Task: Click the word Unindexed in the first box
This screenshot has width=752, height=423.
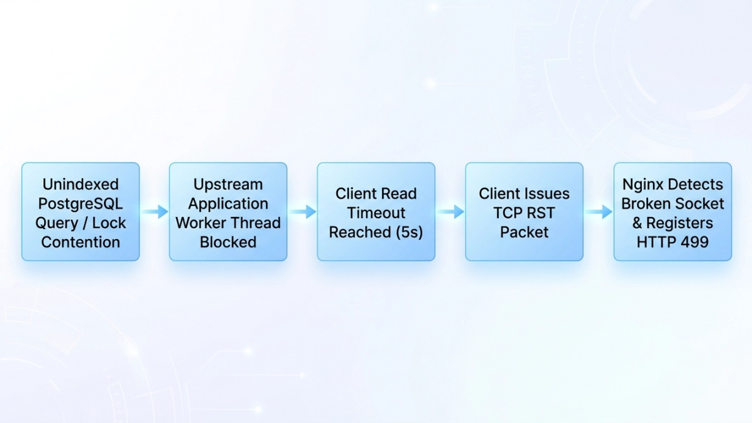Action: pos(81,185)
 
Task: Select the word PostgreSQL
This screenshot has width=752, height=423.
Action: pos(81,204)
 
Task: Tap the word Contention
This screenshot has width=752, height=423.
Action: pos(81,242)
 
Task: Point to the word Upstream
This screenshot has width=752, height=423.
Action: pos(228,185)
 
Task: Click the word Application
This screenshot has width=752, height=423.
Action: pos(228,204)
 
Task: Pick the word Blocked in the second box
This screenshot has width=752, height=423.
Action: pos(228,242)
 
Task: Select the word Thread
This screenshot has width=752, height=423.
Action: pos(256,223)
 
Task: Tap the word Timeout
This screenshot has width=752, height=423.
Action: pos(376,213)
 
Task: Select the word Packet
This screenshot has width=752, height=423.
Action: pos(525,232)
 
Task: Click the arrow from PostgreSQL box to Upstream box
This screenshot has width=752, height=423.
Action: pos(155,212)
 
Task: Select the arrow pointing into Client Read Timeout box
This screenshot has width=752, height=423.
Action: pos(303,212)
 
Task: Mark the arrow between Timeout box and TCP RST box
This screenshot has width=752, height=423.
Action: pos(451,212)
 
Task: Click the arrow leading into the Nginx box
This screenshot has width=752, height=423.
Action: pos(599,212)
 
